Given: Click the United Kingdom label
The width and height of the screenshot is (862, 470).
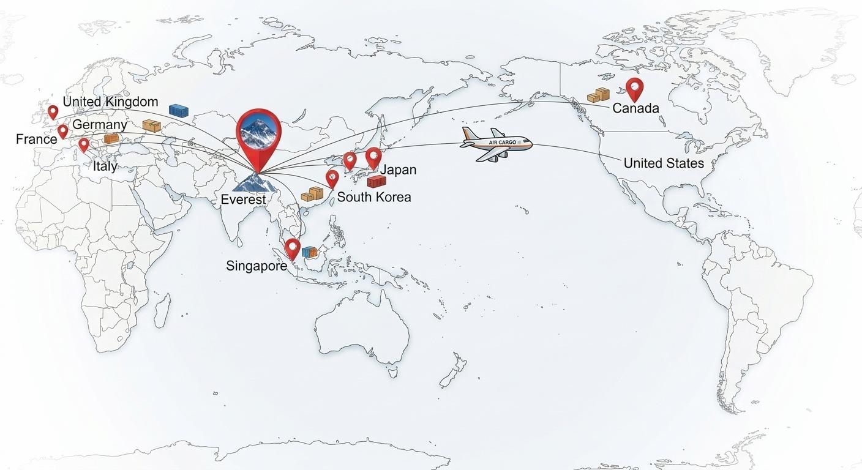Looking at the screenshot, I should [x=110, y=102].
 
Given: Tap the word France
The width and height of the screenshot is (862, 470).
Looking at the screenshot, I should [x=36, y=140].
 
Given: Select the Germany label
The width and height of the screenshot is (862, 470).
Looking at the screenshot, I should [x=100, y=125].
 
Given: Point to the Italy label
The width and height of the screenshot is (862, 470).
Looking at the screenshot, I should [x=105, y=166].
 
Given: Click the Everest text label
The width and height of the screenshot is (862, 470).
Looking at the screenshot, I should [x=244, y=200].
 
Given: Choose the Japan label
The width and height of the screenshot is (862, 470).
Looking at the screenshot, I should [x=399, y=170].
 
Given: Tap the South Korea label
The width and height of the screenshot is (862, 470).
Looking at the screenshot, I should [x=374, y=197].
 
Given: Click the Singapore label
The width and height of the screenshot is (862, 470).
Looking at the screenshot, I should [x=257, y=266].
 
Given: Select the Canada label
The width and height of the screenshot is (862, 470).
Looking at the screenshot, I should [x=635, y=108].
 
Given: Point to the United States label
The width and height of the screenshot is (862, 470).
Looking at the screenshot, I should [x=664, y=163].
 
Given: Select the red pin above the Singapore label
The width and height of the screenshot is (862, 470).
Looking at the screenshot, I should [x=293, y=248].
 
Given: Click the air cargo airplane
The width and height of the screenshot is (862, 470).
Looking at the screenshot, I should [x=495, y=144].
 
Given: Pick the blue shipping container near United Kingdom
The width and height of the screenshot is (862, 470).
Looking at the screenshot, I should [x=179, y=111].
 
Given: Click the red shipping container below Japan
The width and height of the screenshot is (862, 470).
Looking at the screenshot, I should [x=376, y=181].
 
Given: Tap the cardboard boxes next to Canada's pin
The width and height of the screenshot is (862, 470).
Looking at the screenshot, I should [x=599, y=95].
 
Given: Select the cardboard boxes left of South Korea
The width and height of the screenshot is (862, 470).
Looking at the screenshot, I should [x=312, y=195].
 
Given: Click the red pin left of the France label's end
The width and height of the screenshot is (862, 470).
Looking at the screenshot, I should [x=62, y=131].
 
